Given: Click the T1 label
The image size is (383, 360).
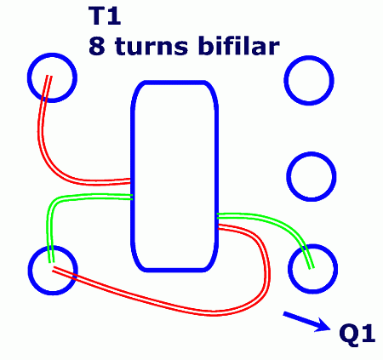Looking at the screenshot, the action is [105, 16].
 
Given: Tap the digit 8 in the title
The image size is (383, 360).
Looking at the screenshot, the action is [97, 46].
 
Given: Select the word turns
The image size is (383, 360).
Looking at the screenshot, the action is [151, 47].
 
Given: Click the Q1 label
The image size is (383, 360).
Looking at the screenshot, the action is [357, 334].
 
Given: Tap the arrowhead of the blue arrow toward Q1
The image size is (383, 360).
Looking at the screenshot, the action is [325, 325].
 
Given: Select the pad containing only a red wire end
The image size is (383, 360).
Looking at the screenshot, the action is [52, 77].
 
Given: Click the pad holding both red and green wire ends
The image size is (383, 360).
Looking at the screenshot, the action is [53, 270].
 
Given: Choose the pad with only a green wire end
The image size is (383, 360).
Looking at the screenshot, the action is [312, 269].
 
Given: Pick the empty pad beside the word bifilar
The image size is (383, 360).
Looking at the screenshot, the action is [309, 80].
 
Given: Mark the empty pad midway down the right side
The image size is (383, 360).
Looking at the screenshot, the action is [312, 176].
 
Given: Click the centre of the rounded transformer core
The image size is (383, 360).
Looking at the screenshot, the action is [174, 176].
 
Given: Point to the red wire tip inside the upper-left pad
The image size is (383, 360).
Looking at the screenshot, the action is [49, 76].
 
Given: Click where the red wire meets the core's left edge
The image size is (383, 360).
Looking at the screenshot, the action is [130, 181].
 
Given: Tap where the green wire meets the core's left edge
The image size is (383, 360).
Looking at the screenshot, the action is [132, 197].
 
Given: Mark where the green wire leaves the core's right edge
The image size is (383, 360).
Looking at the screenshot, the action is [218, 216].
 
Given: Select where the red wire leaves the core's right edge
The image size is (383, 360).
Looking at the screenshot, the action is [219, 226].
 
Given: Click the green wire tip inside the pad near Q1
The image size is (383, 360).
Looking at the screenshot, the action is [312, 267].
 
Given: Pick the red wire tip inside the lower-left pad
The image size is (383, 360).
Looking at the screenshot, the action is [54, 269].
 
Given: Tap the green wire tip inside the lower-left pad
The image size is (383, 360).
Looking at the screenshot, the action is [51, 262].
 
